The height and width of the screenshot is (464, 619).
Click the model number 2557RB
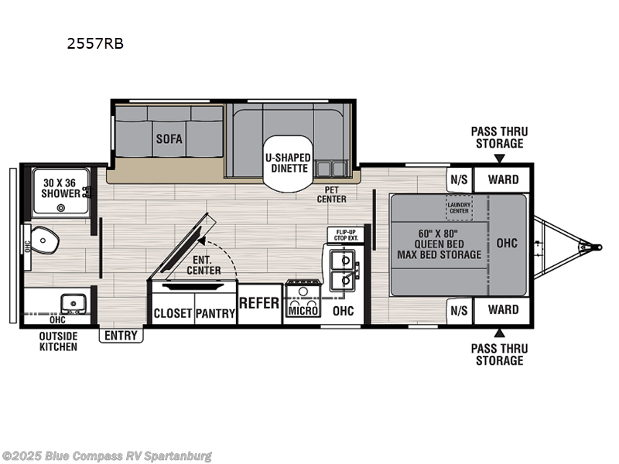[x=95, y=44]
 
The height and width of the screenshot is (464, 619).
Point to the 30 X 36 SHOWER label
[x=60, y=188]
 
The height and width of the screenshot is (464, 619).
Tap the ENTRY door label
[x=121, y=336]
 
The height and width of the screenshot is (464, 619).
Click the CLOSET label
[x=173, y=313]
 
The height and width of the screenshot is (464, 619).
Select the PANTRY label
[x=214, y=313]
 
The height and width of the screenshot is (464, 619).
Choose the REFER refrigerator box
[x=258, y=303]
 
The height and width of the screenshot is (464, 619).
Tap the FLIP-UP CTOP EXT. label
[x=344, y=235]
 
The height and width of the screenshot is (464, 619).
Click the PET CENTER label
[x=331, y=194]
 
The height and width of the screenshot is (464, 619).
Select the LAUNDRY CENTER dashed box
[x=459, y=206]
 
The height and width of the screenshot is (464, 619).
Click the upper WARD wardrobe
[x=503, y=179]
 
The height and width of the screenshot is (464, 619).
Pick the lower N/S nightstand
[x=459, y=310]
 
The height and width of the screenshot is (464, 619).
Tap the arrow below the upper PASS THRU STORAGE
[x=499, y=159]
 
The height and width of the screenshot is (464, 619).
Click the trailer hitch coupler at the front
[x=594, y=247]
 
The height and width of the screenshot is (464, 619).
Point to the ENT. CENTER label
[x=204, y=265]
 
